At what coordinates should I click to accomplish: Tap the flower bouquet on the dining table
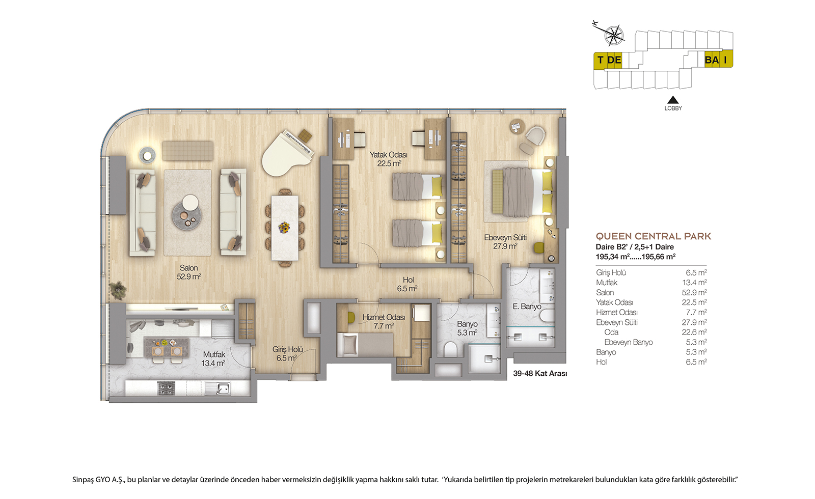tap(284, 228)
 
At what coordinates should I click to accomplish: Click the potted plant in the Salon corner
tap(119, 290)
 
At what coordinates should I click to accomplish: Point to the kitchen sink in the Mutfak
tap(218, 389)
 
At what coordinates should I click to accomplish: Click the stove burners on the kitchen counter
tap(166, 389)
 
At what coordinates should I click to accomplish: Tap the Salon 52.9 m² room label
tap(189, 272)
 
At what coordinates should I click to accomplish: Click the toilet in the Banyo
tap(451, 349)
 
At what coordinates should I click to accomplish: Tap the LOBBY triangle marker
tap(673, 100)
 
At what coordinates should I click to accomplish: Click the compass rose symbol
tap(614, 35)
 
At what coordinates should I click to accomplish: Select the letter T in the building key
tap(600, 60)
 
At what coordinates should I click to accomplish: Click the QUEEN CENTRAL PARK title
tap(654, 236)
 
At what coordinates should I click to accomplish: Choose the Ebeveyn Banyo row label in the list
tap(629, 342)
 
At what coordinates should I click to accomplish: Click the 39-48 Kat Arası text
tap(540, 374)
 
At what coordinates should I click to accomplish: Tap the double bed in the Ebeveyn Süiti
tap(522, 191)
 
